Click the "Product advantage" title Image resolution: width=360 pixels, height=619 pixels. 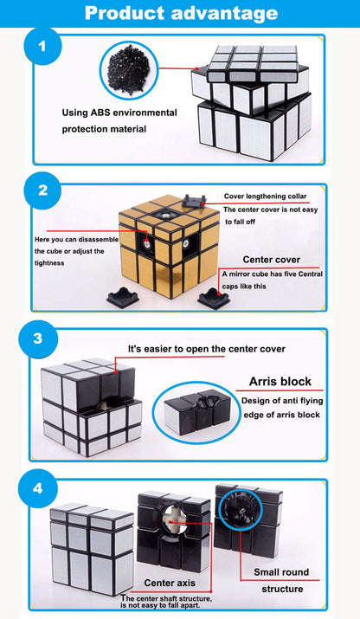click(x=181, y=13)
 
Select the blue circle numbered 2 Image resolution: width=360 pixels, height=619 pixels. click(x=40, y=190)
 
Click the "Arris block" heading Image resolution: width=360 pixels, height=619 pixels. click(x=280, y=380)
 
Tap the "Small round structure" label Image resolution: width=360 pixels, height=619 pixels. click(x=280, y=580)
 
